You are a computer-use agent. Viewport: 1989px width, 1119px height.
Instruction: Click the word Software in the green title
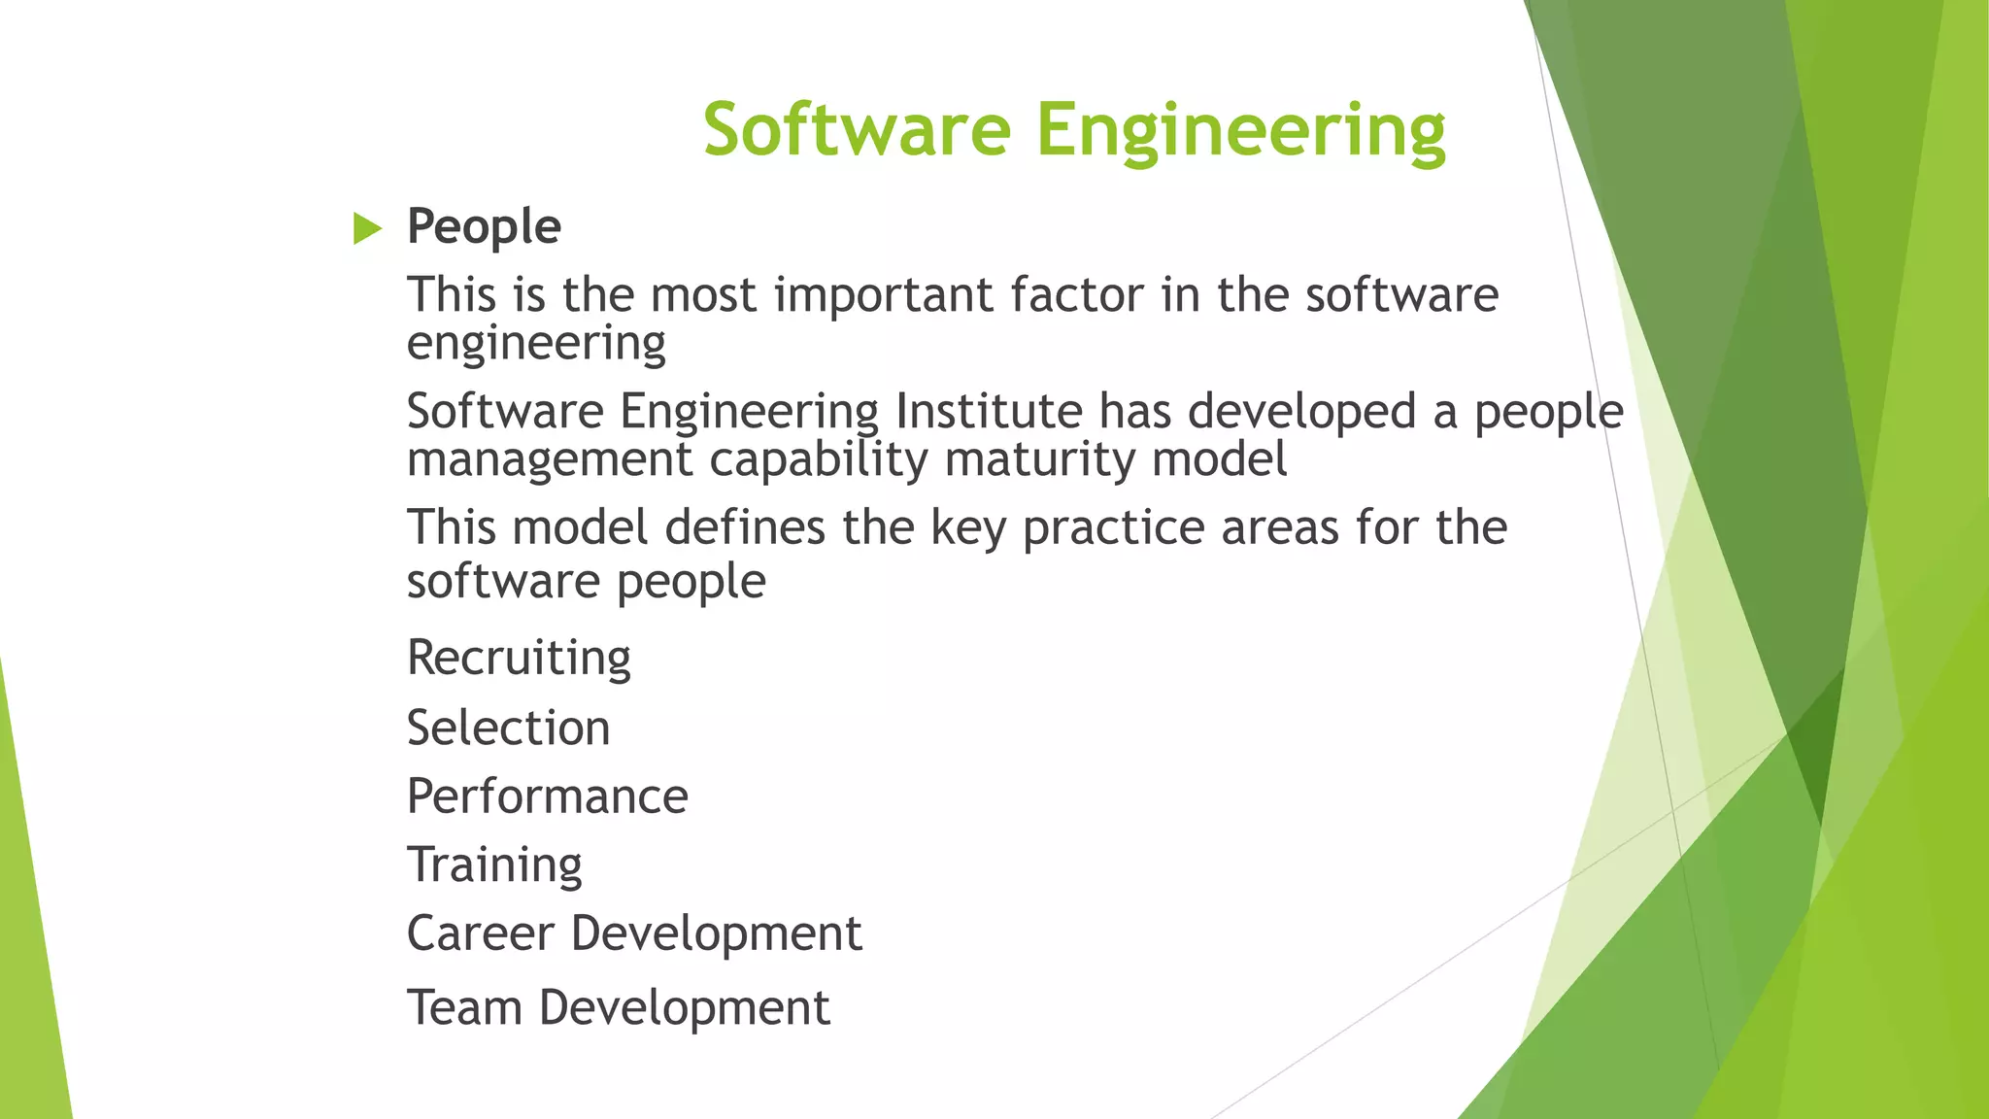tap(857, 129)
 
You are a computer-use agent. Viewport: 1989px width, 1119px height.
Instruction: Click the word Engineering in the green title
tap(1240, 129)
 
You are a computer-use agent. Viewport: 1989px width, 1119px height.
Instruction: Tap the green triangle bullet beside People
tap(367, 228)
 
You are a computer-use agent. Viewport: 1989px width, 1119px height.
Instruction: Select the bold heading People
tap(484, 226)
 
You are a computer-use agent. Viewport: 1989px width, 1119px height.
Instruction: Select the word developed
tap(1301, 411)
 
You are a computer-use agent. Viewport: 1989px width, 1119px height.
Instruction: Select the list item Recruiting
tap(519, 659)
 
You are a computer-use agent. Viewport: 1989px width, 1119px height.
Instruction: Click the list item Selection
tap(508, 728)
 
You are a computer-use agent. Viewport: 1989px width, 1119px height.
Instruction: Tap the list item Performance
tap(547, 797)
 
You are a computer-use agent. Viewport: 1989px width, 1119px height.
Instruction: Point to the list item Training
tap(494, 865)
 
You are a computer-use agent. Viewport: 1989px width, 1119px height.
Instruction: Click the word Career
tap(480, 933)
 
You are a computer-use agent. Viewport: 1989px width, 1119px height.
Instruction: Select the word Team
tap(464, 1007)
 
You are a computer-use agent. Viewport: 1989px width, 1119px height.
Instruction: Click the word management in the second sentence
tap(549, 459)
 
